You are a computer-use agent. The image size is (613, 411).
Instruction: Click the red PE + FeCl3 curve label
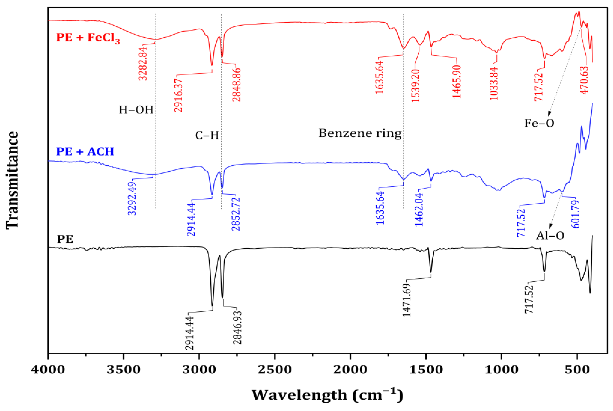(88, 37)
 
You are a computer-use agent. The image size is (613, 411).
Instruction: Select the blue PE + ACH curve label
(85, 151)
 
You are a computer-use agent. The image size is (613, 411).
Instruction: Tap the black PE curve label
(65, 239)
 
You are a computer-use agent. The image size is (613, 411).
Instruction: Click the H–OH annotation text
(136, 110)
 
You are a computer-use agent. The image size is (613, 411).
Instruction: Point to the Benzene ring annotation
(360, 133)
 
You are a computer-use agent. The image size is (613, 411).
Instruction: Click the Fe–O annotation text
(539, 123)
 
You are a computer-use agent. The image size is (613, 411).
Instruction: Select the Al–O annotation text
(550, 236)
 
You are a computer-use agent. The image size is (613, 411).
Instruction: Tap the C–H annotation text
(207, 135)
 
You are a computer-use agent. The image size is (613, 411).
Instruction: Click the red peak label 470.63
(584, 80)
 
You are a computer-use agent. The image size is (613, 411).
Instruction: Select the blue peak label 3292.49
(132, 198)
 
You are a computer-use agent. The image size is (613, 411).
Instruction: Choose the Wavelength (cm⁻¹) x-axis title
(327, 395)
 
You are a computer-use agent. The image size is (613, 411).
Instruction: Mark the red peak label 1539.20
(416, 85)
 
